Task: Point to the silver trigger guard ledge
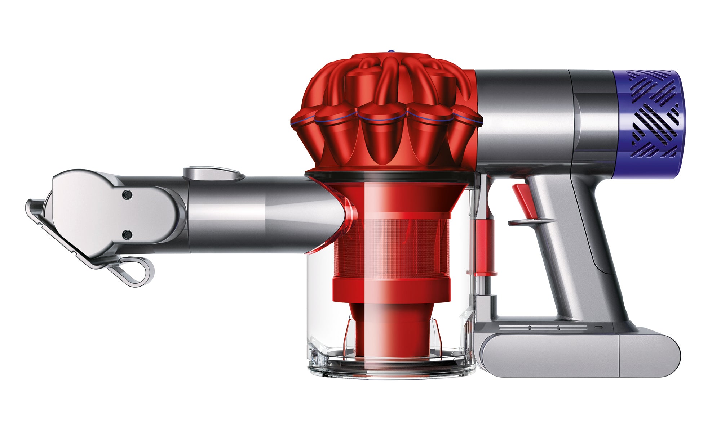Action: [x=530, y=222]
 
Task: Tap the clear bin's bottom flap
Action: [x=391, y=367]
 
